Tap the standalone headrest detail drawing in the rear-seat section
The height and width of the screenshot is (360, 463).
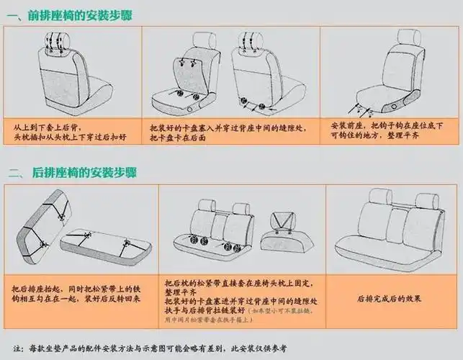click(284, 227)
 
